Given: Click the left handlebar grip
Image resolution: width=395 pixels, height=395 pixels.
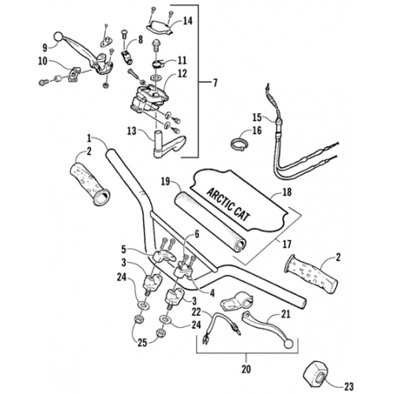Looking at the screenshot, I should [x=88, y=183].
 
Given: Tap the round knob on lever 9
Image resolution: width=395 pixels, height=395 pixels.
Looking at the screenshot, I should [x=58, y=36].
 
